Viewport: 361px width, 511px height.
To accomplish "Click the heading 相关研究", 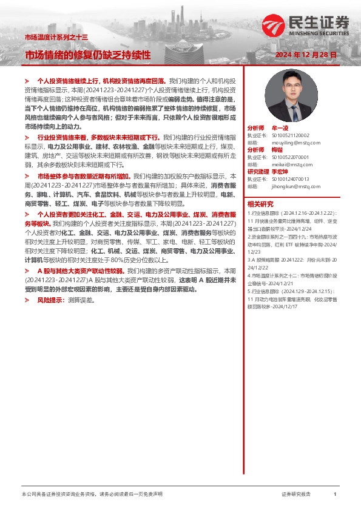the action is pos(260,204).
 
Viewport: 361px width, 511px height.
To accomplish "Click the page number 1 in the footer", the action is pos(335,495).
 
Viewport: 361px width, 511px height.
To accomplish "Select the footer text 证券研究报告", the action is pos(296,495).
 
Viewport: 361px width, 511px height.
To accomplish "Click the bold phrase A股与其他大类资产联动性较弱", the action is pos(81,269).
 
